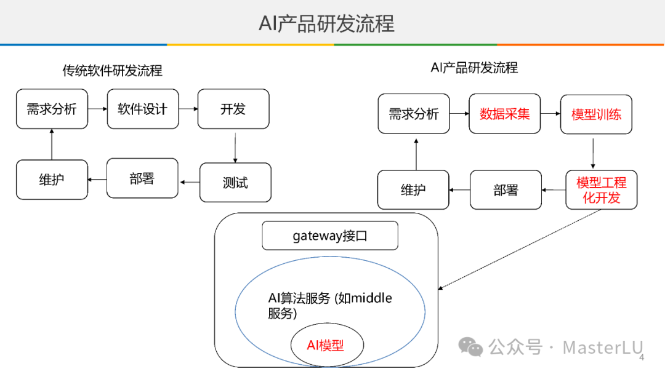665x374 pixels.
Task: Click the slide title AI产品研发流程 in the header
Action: (326, 23)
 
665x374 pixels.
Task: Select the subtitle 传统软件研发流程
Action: (112, 71)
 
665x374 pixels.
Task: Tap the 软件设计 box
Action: (142, 109)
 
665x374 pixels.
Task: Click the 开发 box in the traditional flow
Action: (233, 109)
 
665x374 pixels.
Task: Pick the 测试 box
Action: (235, 183)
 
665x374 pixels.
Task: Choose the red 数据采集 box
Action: (504, 114)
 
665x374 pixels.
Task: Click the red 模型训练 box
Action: (596, 114)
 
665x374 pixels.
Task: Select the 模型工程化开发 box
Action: (601, 190)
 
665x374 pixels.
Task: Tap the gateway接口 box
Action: (330, 236)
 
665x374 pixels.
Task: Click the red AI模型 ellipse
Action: (326, 345)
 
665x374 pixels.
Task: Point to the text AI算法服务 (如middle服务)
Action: (330, 306)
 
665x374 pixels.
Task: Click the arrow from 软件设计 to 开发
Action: (188, 109)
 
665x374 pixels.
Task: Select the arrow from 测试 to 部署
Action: (190, 182)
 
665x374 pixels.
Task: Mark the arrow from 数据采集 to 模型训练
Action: (550, 114)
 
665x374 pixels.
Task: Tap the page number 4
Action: (642, 357)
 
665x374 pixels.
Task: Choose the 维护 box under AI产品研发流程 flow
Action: (413, 190)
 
